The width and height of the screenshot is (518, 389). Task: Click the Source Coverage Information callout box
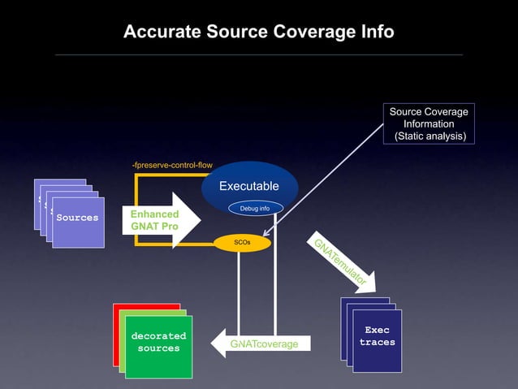429,124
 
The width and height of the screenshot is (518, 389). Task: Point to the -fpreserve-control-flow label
171,166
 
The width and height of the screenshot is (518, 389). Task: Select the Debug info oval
255,209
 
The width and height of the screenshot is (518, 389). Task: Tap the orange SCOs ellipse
242,242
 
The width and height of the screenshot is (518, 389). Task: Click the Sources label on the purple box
77,218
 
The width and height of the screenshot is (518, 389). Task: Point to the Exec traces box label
377,336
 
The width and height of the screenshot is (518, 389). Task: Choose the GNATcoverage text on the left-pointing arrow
263,344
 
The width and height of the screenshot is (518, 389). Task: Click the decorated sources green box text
158,342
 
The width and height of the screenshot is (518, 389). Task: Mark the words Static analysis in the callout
430,136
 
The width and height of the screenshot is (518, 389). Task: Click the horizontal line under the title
258,55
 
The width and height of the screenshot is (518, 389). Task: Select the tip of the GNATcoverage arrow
213,344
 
